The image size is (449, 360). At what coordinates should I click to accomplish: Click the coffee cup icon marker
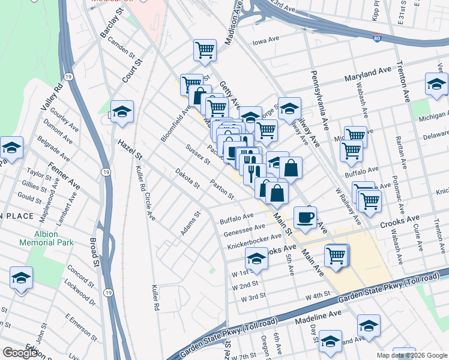pos(306,217)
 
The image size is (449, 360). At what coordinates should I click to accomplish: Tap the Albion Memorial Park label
pos(46,238)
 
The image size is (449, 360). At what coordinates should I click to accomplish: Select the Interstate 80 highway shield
pos(376,38)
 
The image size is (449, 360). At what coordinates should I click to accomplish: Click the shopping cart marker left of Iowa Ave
pos(205,50)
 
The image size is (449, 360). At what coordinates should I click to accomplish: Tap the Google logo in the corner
pos(20,353)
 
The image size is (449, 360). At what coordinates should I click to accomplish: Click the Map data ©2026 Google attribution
pos(411,355)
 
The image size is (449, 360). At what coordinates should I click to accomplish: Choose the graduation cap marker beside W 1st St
pos(256,259)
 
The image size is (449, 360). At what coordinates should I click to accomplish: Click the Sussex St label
pos(197,154)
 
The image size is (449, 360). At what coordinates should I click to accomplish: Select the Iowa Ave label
pos(267,41)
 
